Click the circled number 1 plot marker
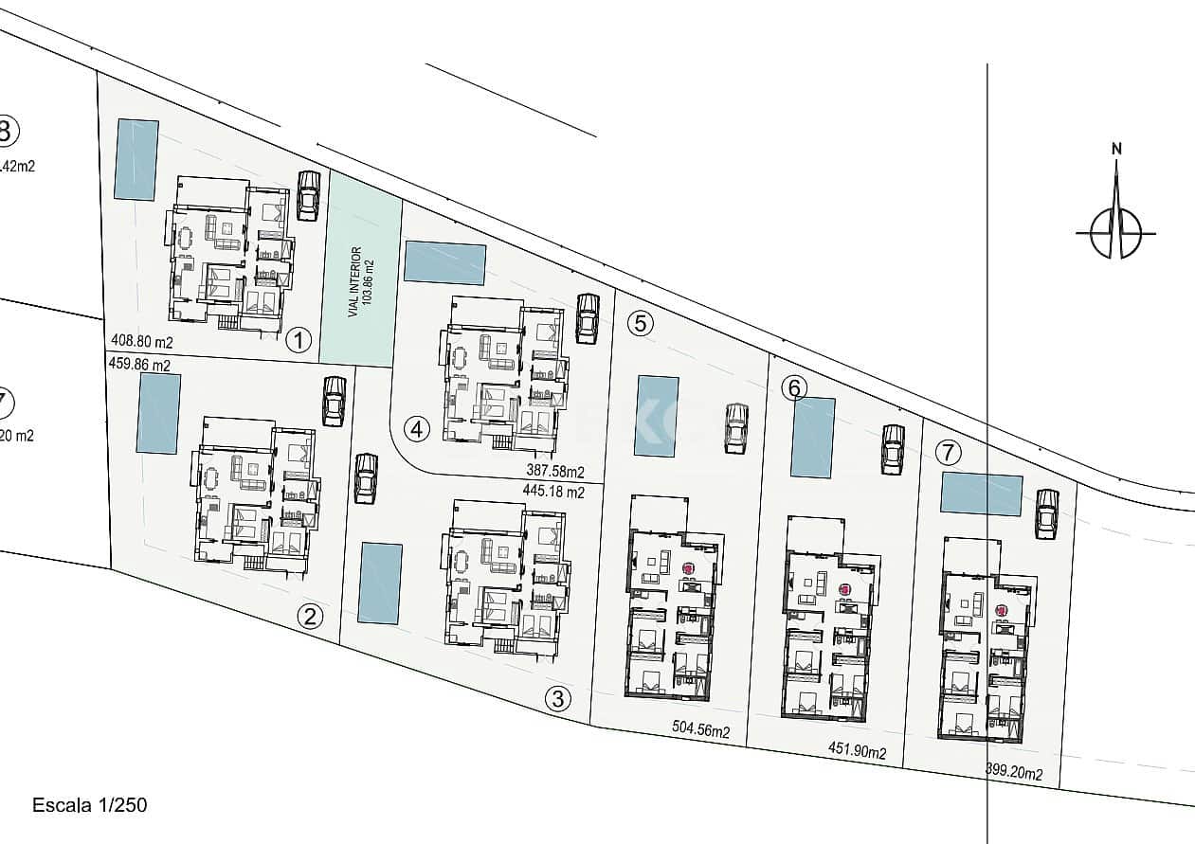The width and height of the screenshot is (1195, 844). click(x=299, y=340)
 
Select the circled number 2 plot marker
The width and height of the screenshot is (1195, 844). click(x=310, y=617)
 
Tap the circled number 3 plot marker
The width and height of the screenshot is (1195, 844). click(x=559, y=699)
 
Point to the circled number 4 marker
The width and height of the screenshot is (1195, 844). click(x=416, y=429)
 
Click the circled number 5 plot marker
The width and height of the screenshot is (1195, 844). click(x=641, y=323)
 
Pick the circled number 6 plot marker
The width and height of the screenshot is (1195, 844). click(x=794, y=387)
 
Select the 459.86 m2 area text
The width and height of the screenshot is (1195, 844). click(x=139, y=364)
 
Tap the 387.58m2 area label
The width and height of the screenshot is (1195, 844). click(x=555, y=471)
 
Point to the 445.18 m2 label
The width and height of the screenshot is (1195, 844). click(x=553, y=492)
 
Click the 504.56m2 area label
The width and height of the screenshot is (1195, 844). click(x=701, y=730)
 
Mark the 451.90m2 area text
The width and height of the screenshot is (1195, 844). click(x=858, y=753)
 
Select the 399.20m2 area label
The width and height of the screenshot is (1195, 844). click(x=1014, y=773)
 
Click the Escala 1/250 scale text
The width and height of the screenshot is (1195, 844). click(x=90, y=805)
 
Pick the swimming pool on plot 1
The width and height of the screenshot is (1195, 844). click(x=136, y=159)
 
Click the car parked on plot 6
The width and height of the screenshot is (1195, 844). click(x=892, y=450)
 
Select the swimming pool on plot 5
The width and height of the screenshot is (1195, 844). click(x=657, y=417)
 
